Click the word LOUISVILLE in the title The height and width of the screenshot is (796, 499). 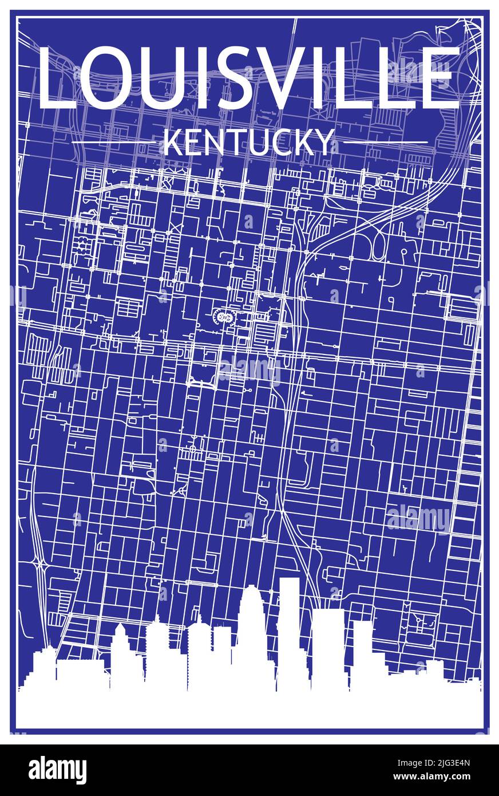(249, 79)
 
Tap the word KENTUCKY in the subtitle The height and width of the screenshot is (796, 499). (249, 143)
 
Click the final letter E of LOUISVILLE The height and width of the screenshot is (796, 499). (440, 79)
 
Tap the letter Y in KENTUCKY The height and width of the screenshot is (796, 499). (324, 143)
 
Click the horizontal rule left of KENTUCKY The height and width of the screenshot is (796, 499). (113, 141)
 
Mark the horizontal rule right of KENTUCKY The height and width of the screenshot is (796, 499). (385, 141)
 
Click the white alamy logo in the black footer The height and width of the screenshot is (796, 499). (58, 770)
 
